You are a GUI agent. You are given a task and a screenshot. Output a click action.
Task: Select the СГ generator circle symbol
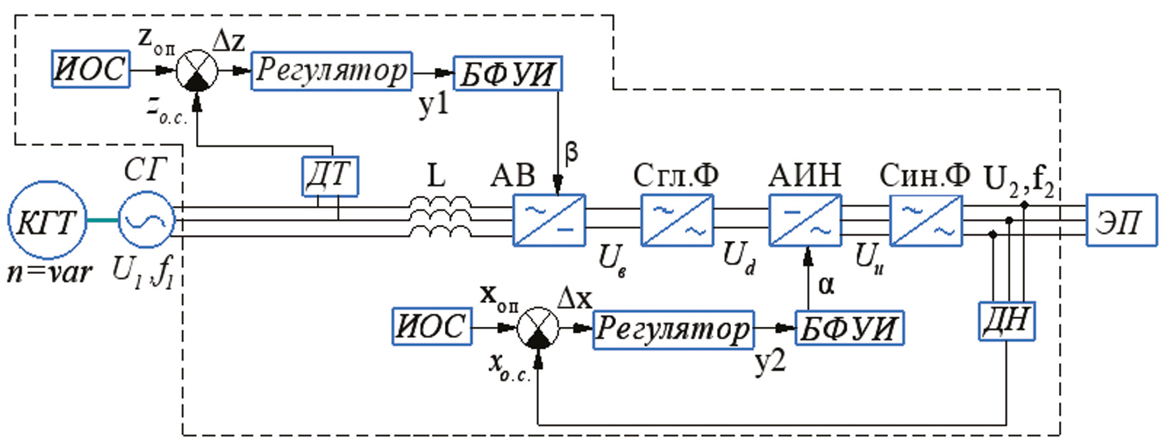(x=147, y=221)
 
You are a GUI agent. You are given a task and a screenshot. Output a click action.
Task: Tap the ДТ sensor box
(x=330, y=176)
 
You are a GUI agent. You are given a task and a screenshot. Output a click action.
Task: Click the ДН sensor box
(x=1006, y=321)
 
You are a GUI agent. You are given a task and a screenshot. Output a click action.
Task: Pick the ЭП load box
(x=1121, y=221)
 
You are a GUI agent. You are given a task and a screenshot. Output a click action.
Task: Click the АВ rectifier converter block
(x=549, y=221)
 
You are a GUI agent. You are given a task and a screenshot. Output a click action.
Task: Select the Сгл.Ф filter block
(x=677, y=221)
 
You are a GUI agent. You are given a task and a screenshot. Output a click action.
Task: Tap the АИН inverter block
(x=805, y=221)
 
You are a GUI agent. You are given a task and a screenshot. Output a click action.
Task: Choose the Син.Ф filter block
(x=926, y=221)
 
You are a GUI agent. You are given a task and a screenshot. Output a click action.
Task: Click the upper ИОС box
(x=90, y=69)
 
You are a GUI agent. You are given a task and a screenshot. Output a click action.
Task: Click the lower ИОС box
(x=432, y=326)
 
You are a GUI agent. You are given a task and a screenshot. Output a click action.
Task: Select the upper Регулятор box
(x=331, y=71)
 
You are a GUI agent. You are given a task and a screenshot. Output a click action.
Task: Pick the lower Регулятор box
(x=673, y=329)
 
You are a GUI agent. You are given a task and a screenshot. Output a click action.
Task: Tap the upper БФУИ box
(x=507, y=73)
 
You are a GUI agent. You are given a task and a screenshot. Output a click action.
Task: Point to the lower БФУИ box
(x=849, y=328)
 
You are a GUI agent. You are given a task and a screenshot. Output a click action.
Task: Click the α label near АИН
(x=826, y=285)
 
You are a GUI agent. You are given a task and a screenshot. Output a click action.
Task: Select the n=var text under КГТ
(x=50, y=271)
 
